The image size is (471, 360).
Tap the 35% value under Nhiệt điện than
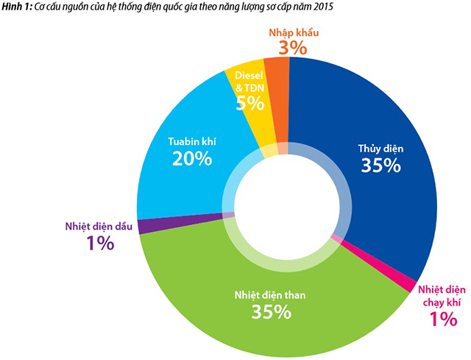(x=271, y=291)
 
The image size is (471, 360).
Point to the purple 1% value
(x=99, y=243)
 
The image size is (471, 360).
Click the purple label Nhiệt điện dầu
(x=99, y=226)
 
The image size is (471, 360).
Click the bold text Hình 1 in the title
(x=15, y=7)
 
